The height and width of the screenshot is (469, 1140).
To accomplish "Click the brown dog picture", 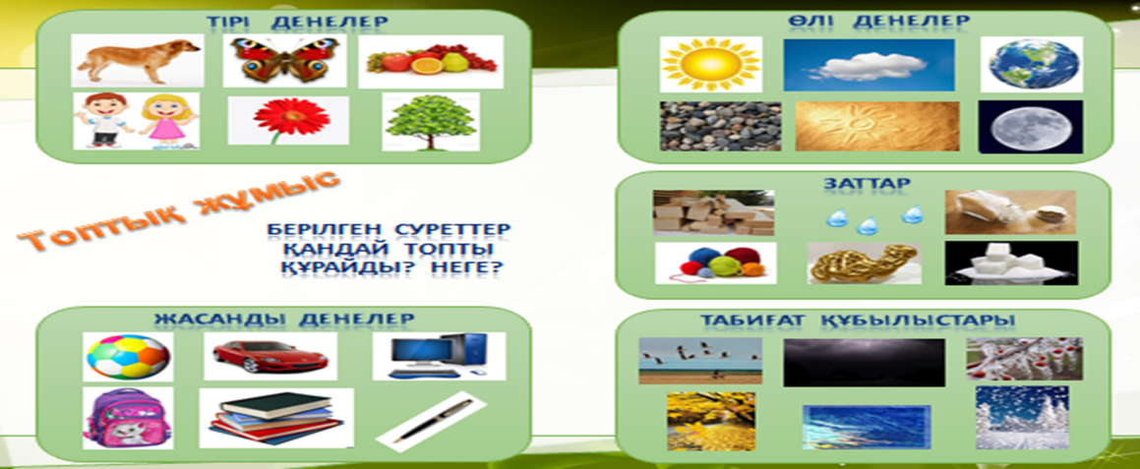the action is tap(138, 60).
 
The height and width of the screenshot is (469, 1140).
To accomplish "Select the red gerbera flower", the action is tap(288, 120).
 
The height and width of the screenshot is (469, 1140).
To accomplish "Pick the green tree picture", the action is tap(431, 122).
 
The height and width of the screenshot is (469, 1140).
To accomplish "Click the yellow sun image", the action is tap(710, 64).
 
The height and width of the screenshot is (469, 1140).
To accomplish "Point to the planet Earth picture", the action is tap(1031, 64).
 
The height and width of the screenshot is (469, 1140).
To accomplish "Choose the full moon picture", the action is tap(1030, 127).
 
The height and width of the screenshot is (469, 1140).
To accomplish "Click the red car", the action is tap(270, 356).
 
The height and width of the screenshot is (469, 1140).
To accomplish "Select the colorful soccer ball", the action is tap(128, 357).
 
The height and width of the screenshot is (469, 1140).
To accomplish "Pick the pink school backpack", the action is tap(128, 417).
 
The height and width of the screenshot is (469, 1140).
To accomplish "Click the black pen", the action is tap(431, 422).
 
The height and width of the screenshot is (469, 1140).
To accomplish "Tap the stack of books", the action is tap(276, 418).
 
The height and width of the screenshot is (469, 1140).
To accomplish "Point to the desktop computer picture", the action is tap(439, 356).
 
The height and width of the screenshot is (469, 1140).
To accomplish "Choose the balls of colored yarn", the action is tap(715, 263).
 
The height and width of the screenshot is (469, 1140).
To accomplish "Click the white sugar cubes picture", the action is tap(1011, 263).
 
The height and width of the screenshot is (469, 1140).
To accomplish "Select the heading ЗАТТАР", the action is tap(866, 184).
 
